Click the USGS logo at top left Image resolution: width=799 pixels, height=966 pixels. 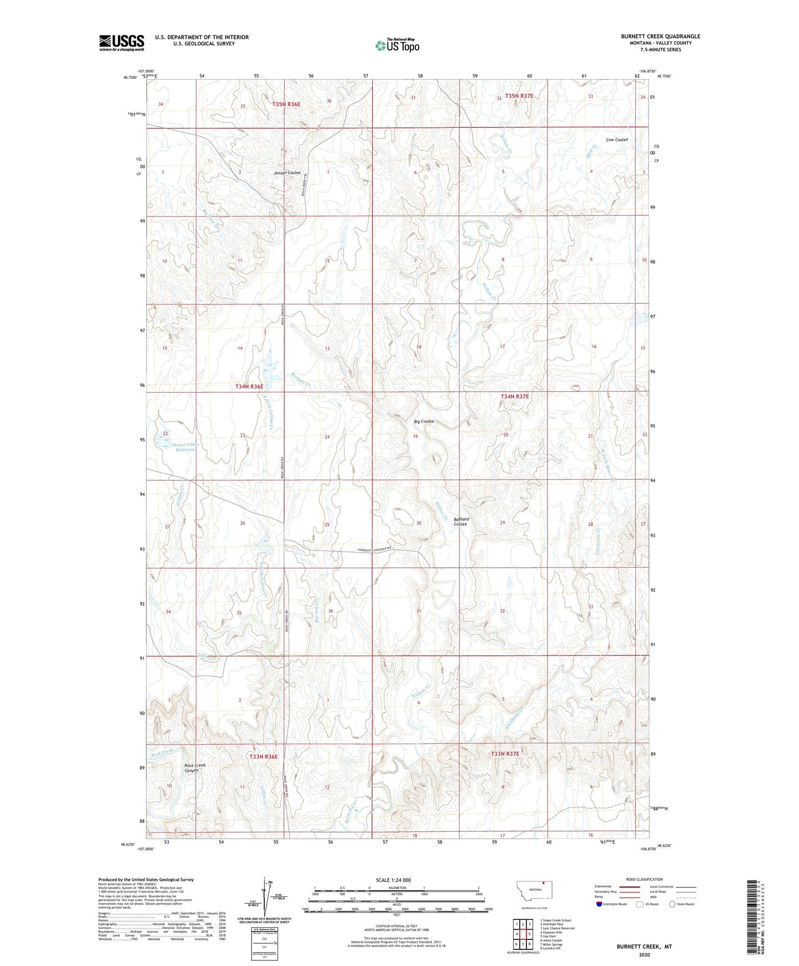pos(121,43)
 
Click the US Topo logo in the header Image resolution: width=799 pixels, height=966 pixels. pos(396,45)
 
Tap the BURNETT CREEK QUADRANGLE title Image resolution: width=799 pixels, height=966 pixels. pos(660,37)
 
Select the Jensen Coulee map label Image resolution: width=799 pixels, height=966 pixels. pos(288,173)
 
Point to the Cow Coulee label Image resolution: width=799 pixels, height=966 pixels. pos(617,140)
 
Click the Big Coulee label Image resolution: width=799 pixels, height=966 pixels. pos(424,422)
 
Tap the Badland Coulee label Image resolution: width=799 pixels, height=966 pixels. pos(461,521)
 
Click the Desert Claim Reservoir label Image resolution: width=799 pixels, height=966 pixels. pos(184,448)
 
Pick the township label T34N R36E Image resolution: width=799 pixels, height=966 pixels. pos(249,387)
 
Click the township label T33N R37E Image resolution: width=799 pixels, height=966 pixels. pos(505,754)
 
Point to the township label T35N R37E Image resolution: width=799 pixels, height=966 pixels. pos(515,96)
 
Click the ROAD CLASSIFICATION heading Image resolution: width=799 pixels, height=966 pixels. pos(644,879)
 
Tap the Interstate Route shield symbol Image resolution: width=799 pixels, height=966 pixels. pos(599,904)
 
